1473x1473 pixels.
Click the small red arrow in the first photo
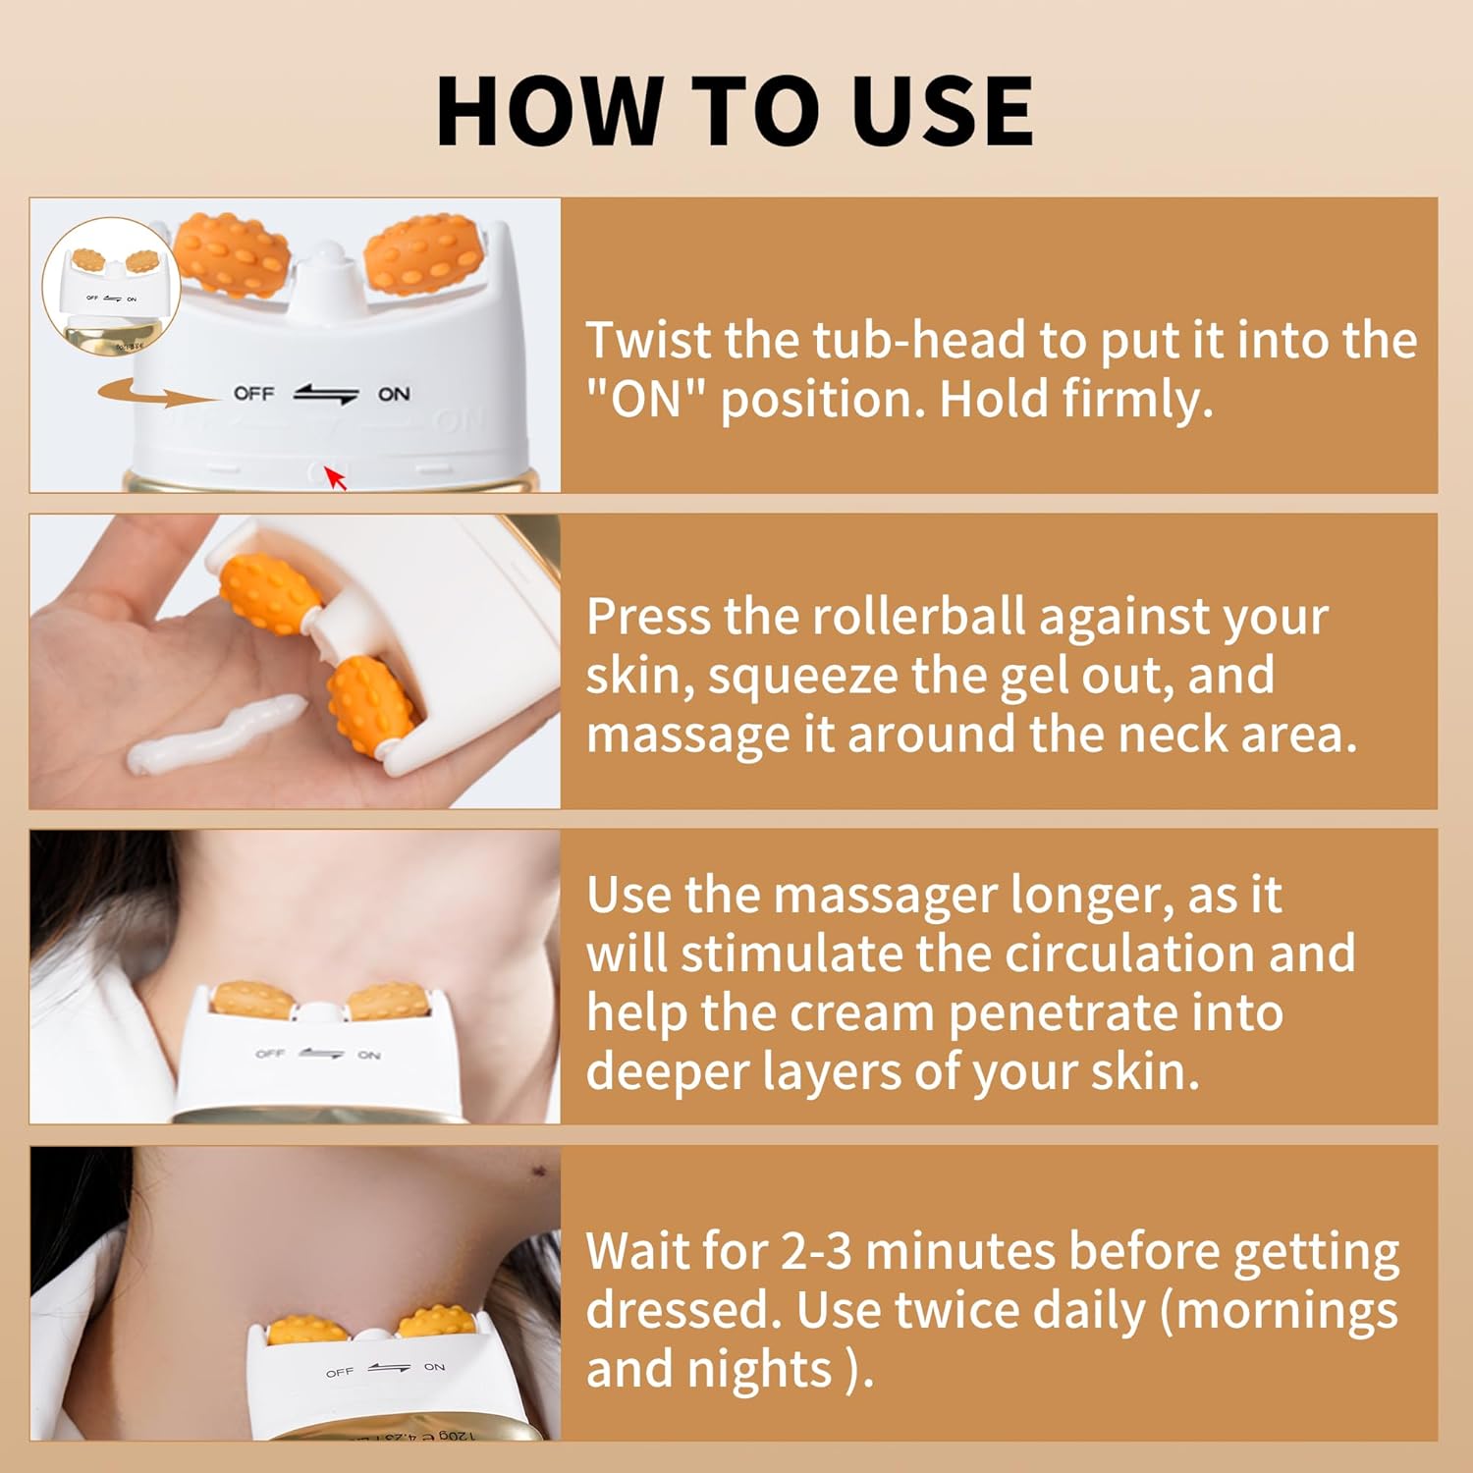click(x=336, y=478)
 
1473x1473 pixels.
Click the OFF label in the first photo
click(x=253, y=393)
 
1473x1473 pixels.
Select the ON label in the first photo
click(x=394, y=394)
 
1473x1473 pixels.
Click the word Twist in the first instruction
click(x=648, y=341)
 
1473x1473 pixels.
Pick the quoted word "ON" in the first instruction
click(x=646, y=400)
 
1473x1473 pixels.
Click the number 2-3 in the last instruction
click(x=815, y=1251)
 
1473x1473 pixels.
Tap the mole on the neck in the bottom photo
click(x=538, y=1171)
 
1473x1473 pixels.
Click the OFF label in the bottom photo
click(x=340, y=1372)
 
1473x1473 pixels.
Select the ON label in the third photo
click(x=369, y=1055)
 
